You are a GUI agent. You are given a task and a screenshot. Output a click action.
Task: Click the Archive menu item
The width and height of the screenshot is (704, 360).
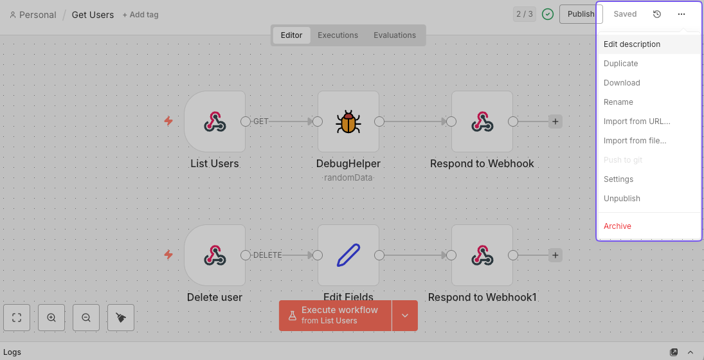tap(617, 226)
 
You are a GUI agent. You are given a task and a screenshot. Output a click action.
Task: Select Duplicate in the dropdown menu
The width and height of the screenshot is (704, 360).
tap(620, 64)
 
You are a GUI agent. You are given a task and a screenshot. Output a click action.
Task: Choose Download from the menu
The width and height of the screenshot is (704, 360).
tap(622, 83)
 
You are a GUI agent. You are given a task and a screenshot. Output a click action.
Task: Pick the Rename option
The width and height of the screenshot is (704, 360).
tap(618, 102)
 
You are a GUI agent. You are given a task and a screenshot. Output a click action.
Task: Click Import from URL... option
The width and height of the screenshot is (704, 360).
tap(636, 122)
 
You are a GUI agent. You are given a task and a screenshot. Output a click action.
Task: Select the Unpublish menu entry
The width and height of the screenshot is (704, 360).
tap(622, 199)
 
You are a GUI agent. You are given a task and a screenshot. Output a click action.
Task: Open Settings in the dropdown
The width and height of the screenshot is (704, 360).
tap(618, 179)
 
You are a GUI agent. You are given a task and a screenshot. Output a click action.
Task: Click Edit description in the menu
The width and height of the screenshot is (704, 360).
tap(631, 44)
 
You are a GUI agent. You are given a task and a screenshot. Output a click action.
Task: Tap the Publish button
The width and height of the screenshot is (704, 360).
tap(581, 14)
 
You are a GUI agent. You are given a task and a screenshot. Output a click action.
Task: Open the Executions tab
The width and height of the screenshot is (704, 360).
tap(338, 35)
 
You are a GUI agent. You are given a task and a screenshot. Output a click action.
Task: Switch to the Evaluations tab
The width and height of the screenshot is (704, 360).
tap(395, 35)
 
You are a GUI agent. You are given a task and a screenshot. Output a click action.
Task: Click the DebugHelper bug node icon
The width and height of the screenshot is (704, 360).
tap(348, 122)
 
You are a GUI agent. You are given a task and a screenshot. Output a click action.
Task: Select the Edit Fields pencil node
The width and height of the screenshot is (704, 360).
tap(348, 255)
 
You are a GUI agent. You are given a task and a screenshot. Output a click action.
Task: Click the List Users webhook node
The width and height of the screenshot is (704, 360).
tap(215, 122)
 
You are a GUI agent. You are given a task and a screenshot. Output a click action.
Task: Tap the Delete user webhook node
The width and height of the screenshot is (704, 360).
tap(215, 255)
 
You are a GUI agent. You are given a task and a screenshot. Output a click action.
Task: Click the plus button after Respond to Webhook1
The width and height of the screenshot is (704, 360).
tap(555, 255)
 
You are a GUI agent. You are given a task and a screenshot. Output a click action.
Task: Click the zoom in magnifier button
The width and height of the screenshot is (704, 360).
tap(51, 318)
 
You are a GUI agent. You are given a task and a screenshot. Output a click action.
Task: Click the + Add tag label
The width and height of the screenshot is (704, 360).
tap(140, 15)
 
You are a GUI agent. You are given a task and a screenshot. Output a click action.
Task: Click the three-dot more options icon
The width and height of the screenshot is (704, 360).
tap(681, 14)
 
